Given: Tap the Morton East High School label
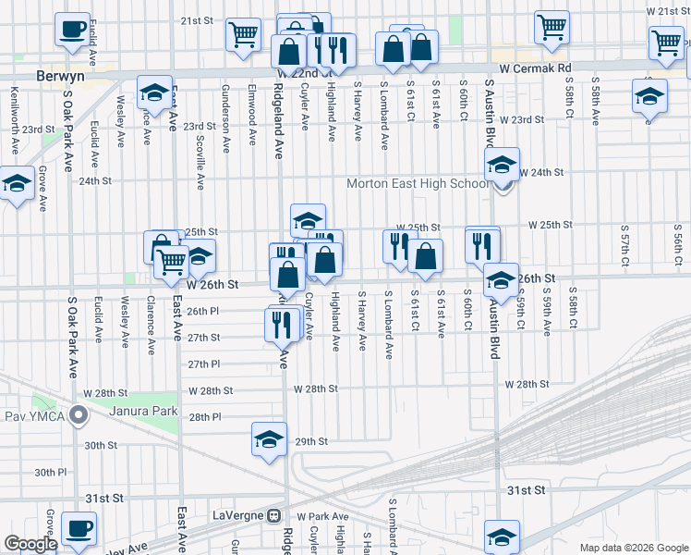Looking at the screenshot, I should [x=417, y=183].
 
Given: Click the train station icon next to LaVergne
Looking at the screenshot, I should [x=274, y=515].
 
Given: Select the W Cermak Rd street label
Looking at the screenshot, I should [x=537, y=68].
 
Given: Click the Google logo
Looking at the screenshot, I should [x=30, y=544].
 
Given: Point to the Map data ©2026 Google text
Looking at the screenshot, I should [x=633, y=548].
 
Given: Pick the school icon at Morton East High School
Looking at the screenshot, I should [x=502, y=166].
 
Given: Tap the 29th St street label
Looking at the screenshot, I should [x=311, y=442].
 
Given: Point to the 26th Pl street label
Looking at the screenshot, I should [x=202, y=312].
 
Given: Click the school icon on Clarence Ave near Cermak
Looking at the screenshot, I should [x=154, y=92].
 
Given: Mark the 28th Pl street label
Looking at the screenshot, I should [x=204, y=417].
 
